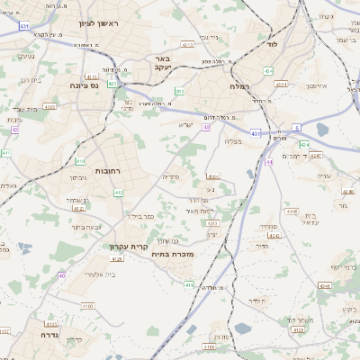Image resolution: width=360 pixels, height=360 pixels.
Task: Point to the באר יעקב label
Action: tap(163, 63)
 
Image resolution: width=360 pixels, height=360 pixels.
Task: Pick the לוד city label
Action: tap(272, 43)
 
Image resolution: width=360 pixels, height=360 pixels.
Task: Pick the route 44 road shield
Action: tap(269, 162)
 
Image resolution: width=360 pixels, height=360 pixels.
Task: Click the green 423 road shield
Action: tap(112, 84)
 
